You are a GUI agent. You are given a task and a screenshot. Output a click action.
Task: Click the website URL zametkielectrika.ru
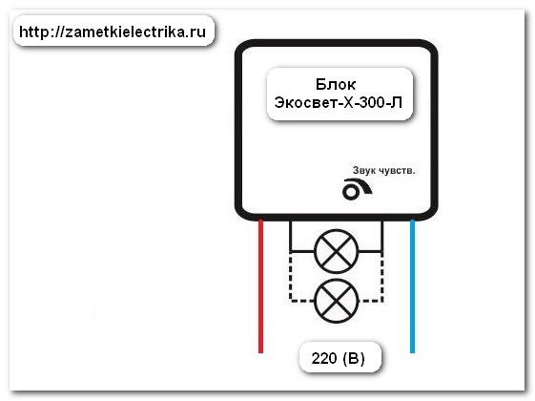(x=113, y=32)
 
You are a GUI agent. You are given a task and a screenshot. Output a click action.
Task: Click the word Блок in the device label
(x=336, y=84)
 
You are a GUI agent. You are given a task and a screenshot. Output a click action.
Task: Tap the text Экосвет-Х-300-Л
(x=339, y=102)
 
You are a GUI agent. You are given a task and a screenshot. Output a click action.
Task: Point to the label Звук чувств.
(x=384, y=171)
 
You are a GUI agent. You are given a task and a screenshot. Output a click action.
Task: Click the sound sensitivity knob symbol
(x=357, y=189)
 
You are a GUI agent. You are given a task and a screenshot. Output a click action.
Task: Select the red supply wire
(x=260, y=286)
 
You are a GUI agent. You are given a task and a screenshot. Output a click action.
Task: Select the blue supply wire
(x=412, y=286)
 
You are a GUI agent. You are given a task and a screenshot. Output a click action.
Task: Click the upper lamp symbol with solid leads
(x=336, y=251)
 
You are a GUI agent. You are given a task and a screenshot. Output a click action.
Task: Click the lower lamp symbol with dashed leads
(x=336, y=301)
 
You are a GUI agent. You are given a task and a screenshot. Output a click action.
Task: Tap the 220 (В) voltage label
(x=339, y=358)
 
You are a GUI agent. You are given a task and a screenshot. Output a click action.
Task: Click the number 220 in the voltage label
(x=324, y=358)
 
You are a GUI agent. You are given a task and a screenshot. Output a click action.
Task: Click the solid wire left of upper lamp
(x=290, y=237)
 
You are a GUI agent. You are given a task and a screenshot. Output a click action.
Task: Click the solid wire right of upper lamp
(x=381, y=237)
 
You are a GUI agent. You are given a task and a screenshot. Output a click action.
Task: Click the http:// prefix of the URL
(x=42, y=32)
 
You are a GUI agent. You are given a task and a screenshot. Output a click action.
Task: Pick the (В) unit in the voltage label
(x=354, y=358)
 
